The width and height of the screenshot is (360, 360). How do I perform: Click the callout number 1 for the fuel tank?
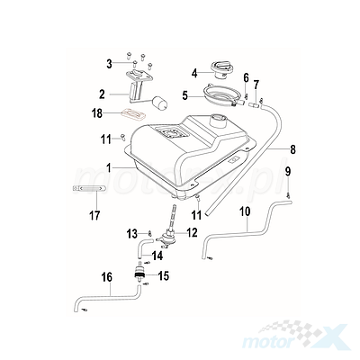coord(109,167)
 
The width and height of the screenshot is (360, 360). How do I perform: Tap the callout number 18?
coord(97,113)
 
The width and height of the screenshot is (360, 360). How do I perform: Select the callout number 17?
coord(94,215)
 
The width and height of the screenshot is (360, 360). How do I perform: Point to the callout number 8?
coord(292,149)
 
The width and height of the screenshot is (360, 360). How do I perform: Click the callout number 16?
coord(108,277)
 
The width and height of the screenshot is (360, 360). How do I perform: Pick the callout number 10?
coord(245,211)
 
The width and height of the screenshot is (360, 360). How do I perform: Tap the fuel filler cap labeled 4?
coord(222,69)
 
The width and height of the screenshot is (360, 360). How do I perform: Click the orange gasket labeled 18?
coord(133,114)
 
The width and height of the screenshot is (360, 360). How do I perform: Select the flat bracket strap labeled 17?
coord(89,188)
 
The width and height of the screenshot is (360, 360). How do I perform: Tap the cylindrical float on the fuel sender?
coord(160,103)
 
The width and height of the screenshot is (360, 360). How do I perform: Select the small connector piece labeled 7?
coord(255,104)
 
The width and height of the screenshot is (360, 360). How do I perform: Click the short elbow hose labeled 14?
coord(141,246)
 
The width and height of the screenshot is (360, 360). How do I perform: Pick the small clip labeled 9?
coord(288,195)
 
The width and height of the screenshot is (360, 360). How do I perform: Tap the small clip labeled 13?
coord(149,233)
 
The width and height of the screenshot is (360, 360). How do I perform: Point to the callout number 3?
coord(109,64)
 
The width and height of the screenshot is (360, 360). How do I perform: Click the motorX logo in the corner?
coord(295,336)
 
